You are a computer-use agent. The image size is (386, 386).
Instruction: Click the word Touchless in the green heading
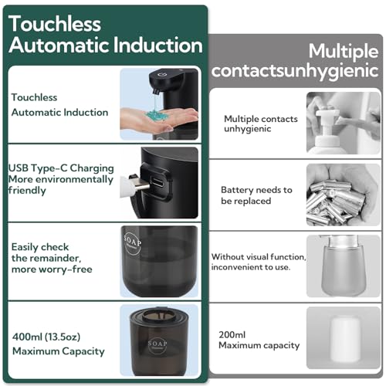55,24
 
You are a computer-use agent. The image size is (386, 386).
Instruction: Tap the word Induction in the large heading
157,45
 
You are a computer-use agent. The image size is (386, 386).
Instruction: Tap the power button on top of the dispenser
162,75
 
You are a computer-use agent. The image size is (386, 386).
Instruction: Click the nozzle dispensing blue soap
154,90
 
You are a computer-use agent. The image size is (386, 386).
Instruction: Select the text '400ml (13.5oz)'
46,337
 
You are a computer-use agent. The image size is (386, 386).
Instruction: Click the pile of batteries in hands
336,203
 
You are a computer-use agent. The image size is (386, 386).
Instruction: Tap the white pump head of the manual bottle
327,124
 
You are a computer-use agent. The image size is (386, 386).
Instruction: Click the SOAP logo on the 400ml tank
157,344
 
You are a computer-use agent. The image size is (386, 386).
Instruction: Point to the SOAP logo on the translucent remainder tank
132,243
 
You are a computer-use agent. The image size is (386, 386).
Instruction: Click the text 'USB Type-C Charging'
61,168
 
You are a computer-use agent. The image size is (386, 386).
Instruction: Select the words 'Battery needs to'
256,190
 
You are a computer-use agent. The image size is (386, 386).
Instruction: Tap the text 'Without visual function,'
259,257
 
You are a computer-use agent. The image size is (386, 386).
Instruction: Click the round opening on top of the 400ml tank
159,316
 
